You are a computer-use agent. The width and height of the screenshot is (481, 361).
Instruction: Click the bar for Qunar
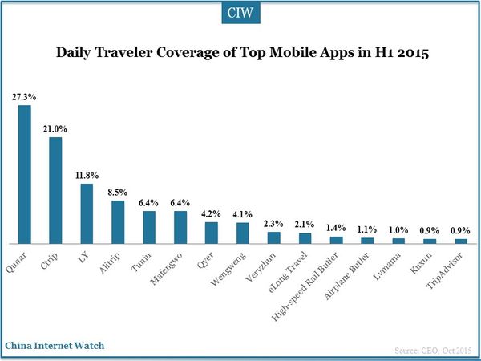coord(24,174)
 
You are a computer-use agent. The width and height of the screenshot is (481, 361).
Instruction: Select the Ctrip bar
coord(55,190)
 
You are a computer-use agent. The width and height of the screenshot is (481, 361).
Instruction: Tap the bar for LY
coord(87,213)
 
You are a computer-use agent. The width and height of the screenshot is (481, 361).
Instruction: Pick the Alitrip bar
coord(118,221)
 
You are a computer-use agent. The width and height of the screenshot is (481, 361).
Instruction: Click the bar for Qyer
coord(211,233)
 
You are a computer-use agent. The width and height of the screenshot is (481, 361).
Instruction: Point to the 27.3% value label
coord(23,96)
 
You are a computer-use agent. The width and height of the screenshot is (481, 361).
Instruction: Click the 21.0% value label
coord(55,128)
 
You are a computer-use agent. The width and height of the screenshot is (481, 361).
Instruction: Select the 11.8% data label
coord(87,174)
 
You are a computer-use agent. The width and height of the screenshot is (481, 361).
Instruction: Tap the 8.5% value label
coord(118,191)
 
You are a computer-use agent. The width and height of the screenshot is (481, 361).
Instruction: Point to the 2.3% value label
coord(273,222)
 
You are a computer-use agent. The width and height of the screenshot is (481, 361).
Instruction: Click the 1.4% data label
coord(336,227)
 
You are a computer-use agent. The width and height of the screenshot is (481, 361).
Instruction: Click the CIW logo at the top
coord(240,14)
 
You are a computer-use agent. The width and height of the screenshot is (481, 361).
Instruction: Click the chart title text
coord(240,55)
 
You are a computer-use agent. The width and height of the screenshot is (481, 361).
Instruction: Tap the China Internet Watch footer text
coord(55,346)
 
